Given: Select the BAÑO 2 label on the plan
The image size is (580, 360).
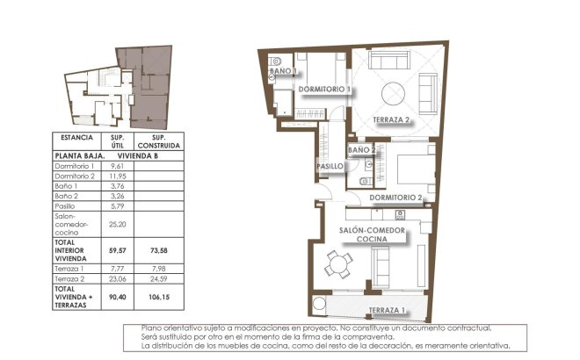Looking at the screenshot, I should [x=362, y=150].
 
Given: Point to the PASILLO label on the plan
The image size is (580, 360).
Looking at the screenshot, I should [x=329, y=166].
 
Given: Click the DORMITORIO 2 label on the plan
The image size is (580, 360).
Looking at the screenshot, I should [x=402, y=198].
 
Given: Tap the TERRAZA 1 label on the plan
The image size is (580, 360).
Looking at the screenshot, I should [x=386, y=310].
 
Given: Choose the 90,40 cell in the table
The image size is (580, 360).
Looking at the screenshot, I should [x=117, y=296].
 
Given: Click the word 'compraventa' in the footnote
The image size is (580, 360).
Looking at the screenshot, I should [x=359, y=337].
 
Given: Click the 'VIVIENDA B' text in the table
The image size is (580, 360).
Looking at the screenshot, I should [x=138, y=155].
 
